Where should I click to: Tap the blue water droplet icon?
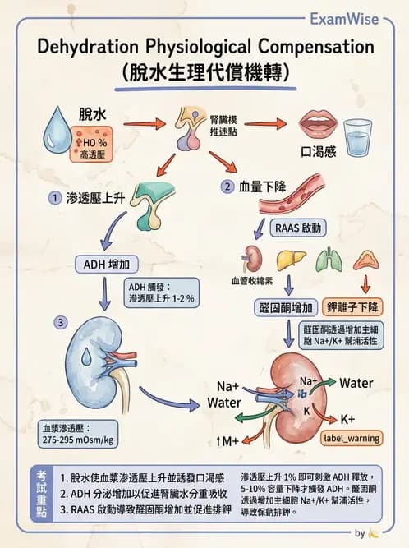(66, 127)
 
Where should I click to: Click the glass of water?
(358, 136)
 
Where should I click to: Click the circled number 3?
(59, 322)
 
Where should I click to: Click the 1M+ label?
(227, 441)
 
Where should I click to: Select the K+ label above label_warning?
(347, 420)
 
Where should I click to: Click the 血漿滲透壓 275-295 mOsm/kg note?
(79, 435)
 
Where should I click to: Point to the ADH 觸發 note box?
(161, 292)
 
